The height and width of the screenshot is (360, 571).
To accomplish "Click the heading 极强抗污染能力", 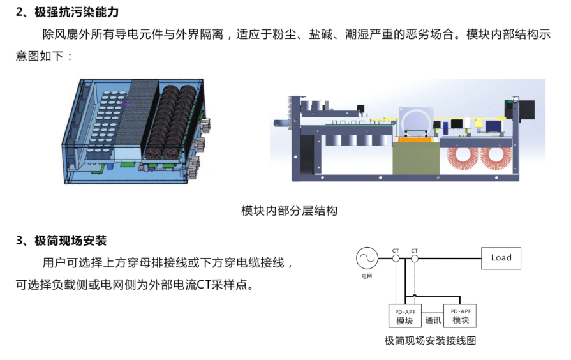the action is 77,12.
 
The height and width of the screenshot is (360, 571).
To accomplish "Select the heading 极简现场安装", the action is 71,241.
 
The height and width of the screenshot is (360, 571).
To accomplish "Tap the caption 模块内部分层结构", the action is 289,211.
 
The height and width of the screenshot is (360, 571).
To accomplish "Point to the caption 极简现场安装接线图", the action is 430,341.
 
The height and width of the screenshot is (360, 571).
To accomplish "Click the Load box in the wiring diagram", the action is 501,259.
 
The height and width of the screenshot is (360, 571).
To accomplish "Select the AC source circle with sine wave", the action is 367,259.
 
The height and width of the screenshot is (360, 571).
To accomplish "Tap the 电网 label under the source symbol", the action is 367,276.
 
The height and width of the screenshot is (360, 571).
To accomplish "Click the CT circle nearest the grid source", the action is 396,259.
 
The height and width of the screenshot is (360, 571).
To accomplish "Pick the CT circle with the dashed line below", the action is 415,259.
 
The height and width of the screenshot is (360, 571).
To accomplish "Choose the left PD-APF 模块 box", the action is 405,316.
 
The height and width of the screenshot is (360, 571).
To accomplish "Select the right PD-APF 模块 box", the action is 460,316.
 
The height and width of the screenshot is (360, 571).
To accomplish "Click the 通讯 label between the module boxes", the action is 433,320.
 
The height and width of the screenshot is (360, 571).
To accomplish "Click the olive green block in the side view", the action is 416,158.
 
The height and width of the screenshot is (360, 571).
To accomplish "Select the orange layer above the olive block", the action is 416,140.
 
